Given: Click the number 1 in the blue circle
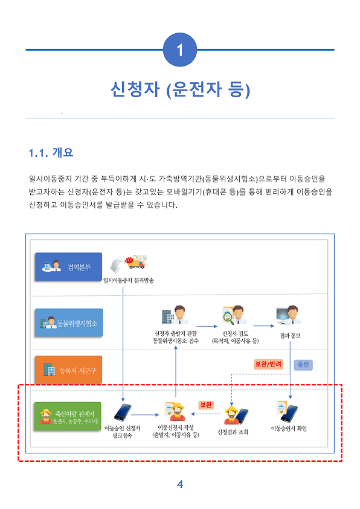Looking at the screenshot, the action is point(180,50).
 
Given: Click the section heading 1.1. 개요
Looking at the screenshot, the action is point(51,153).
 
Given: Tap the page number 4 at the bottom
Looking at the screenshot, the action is point(180,484).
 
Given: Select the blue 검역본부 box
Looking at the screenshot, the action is point(68,266).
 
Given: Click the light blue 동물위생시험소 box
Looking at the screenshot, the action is point(69,322).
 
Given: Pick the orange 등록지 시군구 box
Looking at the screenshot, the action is point(68,370).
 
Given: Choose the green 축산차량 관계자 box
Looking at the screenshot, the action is point(68,417).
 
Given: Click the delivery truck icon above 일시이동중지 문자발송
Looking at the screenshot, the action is point(136,261).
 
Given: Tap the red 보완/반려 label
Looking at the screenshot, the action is point(268,364).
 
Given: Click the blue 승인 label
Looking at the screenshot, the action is point(303,365).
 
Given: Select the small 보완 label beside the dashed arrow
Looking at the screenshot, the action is point(206,405).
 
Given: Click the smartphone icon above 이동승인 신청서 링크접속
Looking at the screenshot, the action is point(123,412).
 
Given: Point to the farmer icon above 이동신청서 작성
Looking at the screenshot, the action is point(175,411).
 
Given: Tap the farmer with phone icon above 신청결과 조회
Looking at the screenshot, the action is point(236,415).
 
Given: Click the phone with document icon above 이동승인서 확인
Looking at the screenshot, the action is point(288,411).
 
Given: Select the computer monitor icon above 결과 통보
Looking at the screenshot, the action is point(288,315).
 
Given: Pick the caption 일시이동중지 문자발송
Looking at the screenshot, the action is point(129,280).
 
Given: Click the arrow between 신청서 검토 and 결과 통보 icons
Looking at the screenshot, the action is point(263,325).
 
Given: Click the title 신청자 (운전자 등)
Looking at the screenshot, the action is point(180,89).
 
